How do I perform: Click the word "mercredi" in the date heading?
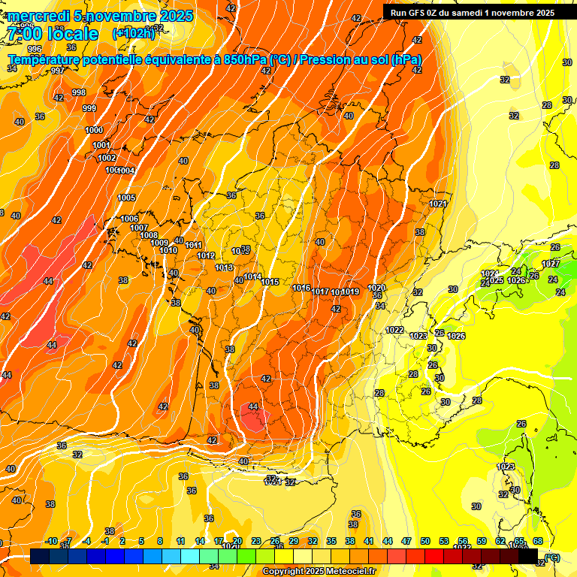38,16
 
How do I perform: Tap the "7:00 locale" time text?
52,34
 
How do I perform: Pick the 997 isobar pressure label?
58,71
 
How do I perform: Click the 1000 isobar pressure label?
94,131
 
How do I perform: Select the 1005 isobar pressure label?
126,198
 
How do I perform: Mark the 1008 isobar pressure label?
149,236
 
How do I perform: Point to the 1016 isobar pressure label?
302,288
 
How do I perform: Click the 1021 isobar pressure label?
439,204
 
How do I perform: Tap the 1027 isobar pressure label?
551,264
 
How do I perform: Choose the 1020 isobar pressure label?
376,288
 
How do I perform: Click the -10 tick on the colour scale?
51,541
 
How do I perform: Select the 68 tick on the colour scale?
538,541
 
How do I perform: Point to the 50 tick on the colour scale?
425,541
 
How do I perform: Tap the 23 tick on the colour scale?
256,541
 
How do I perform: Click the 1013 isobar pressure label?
224,268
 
